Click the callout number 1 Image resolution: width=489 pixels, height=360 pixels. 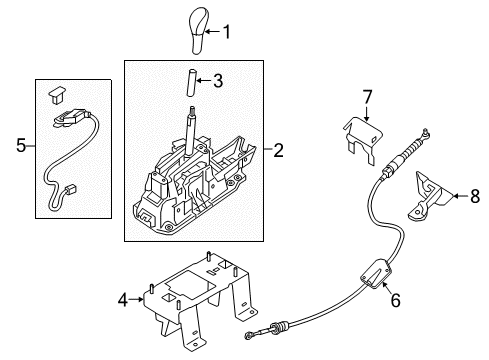[x=225, y=32]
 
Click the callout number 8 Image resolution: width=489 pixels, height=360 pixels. [x=474, y=198]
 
